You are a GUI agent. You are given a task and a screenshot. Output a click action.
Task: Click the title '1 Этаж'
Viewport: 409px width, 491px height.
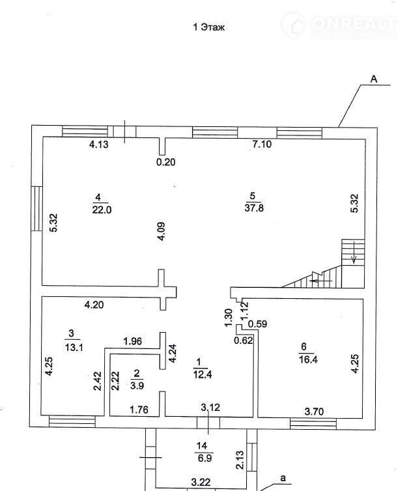pyautogui.click(x=209, y=27)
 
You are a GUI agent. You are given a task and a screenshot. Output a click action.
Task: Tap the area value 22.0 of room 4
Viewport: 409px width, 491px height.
pyautogui.click(x=102, y=210)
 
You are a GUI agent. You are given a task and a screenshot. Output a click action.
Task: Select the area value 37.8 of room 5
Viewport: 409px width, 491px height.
pyautogui.click(x=254, y=208)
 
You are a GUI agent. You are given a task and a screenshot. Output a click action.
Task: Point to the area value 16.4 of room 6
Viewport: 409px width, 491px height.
pyautogui.click(x=308, y=359)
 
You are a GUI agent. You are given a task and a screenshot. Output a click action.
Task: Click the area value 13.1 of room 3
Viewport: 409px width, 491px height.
pyautogui.click(x=74, y=347)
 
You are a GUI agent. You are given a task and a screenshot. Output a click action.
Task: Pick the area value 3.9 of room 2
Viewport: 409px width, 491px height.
pyautogui.click(x=137, y=386)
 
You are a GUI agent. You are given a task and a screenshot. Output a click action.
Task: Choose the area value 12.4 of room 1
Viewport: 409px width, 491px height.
pyautogui.click(x=203, y=374)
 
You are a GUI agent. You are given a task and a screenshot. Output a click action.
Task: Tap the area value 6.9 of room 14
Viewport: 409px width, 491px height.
pyautogui.click(x=204, y=458)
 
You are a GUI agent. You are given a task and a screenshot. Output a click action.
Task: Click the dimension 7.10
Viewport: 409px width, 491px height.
pyautogui.click(x=262, y=145)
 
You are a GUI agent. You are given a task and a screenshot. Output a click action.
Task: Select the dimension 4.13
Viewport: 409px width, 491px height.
pyautogui.click(x=98, y=145)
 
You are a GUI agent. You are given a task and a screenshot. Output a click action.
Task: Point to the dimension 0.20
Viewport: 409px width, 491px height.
pyautogui.click(x=165, y=162)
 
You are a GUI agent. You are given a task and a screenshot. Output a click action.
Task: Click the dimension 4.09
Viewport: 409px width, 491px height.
pyautogui.click(x=162, y=231)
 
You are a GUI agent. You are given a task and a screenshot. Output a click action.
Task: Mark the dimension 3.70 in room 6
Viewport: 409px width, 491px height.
pyautogui.click(x=314, y=411)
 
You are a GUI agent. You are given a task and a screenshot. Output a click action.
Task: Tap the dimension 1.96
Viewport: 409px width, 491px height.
pyautogui.click(x=133, y=341)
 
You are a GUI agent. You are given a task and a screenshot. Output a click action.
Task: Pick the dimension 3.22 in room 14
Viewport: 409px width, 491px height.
pyautogui.click(x=201, y=483)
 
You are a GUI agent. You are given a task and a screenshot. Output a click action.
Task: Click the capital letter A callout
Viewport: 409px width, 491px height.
pyautogui.click(x=374, y=79)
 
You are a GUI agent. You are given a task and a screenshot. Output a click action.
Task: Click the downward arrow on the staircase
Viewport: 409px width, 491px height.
pyautogui.click(x=354, y=252)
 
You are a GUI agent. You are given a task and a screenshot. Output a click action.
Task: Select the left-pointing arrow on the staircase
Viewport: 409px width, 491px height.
pyautogui.click(x=320, y=281)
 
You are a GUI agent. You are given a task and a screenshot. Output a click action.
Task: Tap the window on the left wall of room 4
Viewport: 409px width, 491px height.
pyautogui.click(x=36, y=208)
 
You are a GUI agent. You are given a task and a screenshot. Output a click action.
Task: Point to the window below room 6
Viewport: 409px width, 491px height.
pyautogui.click(x=313, y=424)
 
